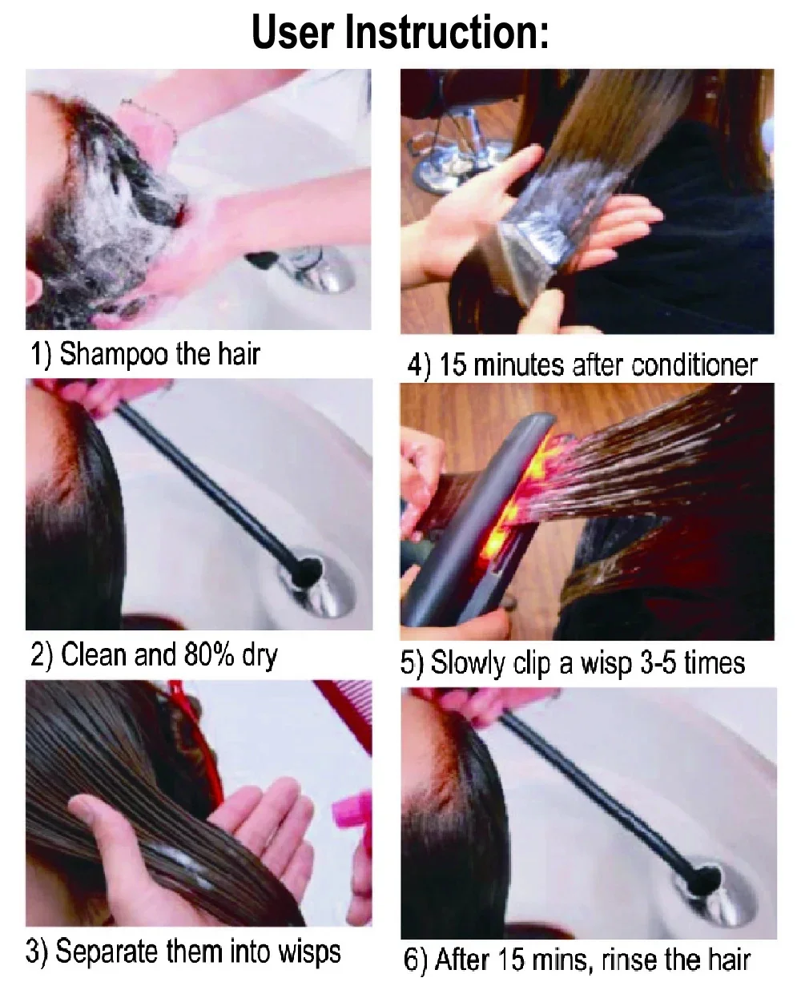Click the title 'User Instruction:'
(400, 34)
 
